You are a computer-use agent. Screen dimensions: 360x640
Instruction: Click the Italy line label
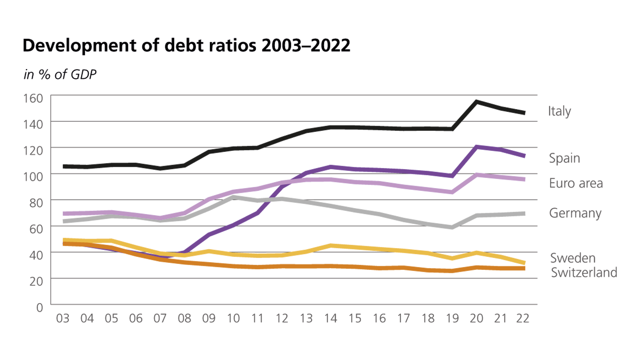click(559, 111)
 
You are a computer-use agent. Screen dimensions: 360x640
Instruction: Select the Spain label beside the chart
click(564, 158)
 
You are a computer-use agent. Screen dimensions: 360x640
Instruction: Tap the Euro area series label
click(576, 183)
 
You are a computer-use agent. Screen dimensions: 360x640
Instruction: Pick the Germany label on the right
click(575, 213)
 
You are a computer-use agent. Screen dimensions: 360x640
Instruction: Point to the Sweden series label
click(572, 258)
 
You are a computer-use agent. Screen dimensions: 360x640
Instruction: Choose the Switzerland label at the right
click(584, 272)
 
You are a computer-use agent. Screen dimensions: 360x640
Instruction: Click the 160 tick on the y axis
click(33, 98)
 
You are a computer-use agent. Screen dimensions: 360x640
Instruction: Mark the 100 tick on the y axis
click(33, 177)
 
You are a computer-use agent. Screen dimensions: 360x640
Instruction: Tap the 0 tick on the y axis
click(40, 307)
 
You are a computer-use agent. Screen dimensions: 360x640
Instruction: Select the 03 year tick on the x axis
click(63, 318)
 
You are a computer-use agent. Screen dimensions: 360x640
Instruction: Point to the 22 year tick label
click(523, 318)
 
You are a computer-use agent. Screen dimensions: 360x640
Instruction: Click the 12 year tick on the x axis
click(282, 318)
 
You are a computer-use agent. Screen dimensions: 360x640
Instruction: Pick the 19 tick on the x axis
click(452, 318)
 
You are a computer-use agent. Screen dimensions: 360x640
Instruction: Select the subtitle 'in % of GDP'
click(60, 74)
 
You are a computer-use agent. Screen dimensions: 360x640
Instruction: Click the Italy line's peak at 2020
click(477, 102)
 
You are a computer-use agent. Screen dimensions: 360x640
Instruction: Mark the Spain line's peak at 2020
click(477, 147)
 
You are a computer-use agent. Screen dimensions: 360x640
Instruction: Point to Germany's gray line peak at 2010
click(233, 197)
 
